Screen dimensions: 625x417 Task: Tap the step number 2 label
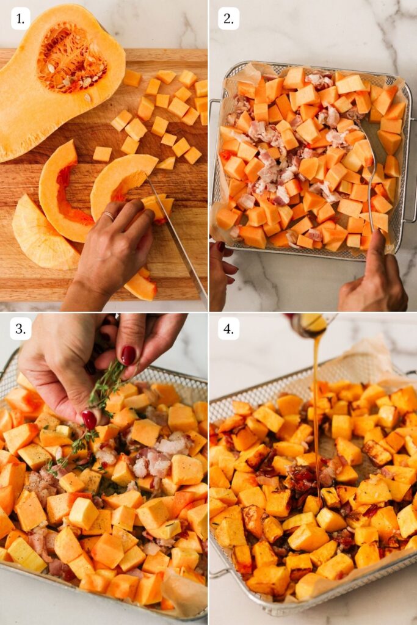coord(228,19)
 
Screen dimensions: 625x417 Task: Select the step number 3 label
coord(20,329)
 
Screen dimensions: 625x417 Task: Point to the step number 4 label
coord(228,329)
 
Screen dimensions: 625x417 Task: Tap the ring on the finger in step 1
coord(108,215)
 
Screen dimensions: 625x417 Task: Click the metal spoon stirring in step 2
coord(370,171)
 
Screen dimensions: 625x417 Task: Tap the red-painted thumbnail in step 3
coord(90,419)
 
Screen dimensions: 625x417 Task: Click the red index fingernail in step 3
coord(128,355)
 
